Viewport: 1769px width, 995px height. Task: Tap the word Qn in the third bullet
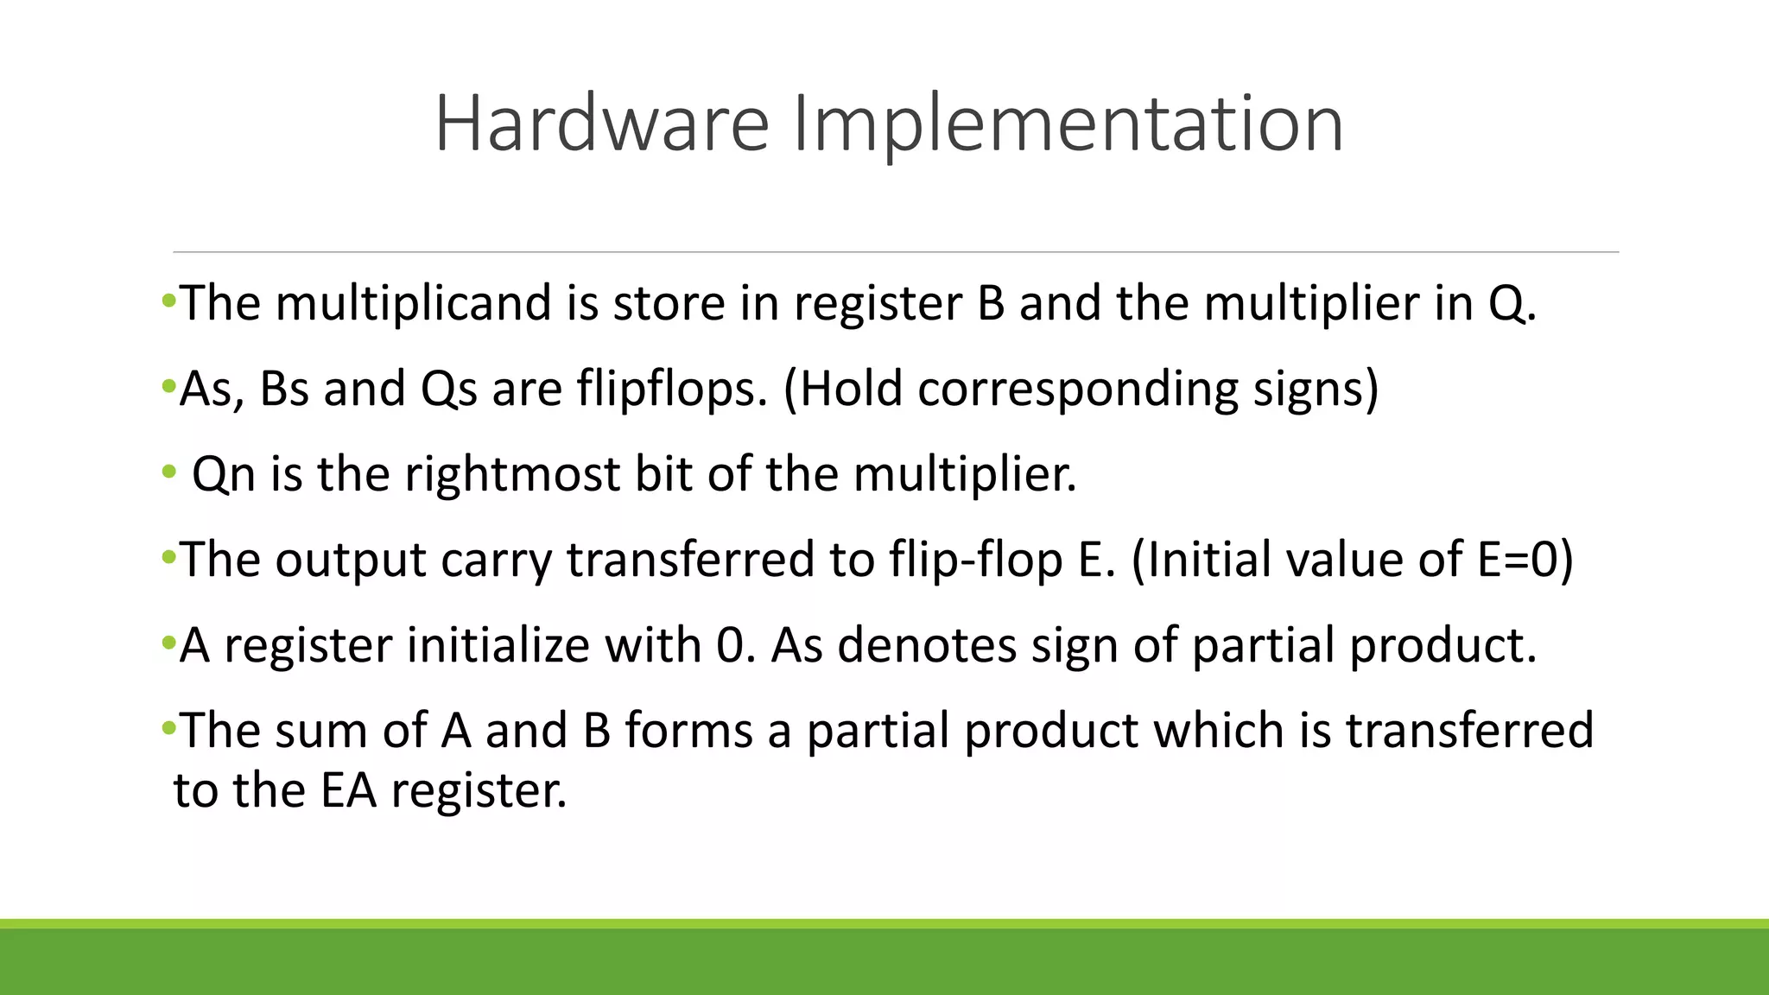point(224,475)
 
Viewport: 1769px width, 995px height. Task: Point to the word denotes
point(927,646)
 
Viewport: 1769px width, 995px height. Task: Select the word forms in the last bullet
point(689,731)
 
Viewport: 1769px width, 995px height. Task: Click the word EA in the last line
point(348,790)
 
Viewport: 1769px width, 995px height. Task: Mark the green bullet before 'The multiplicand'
point(168,301)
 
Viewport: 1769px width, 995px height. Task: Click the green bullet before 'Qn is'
point(168,472)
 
